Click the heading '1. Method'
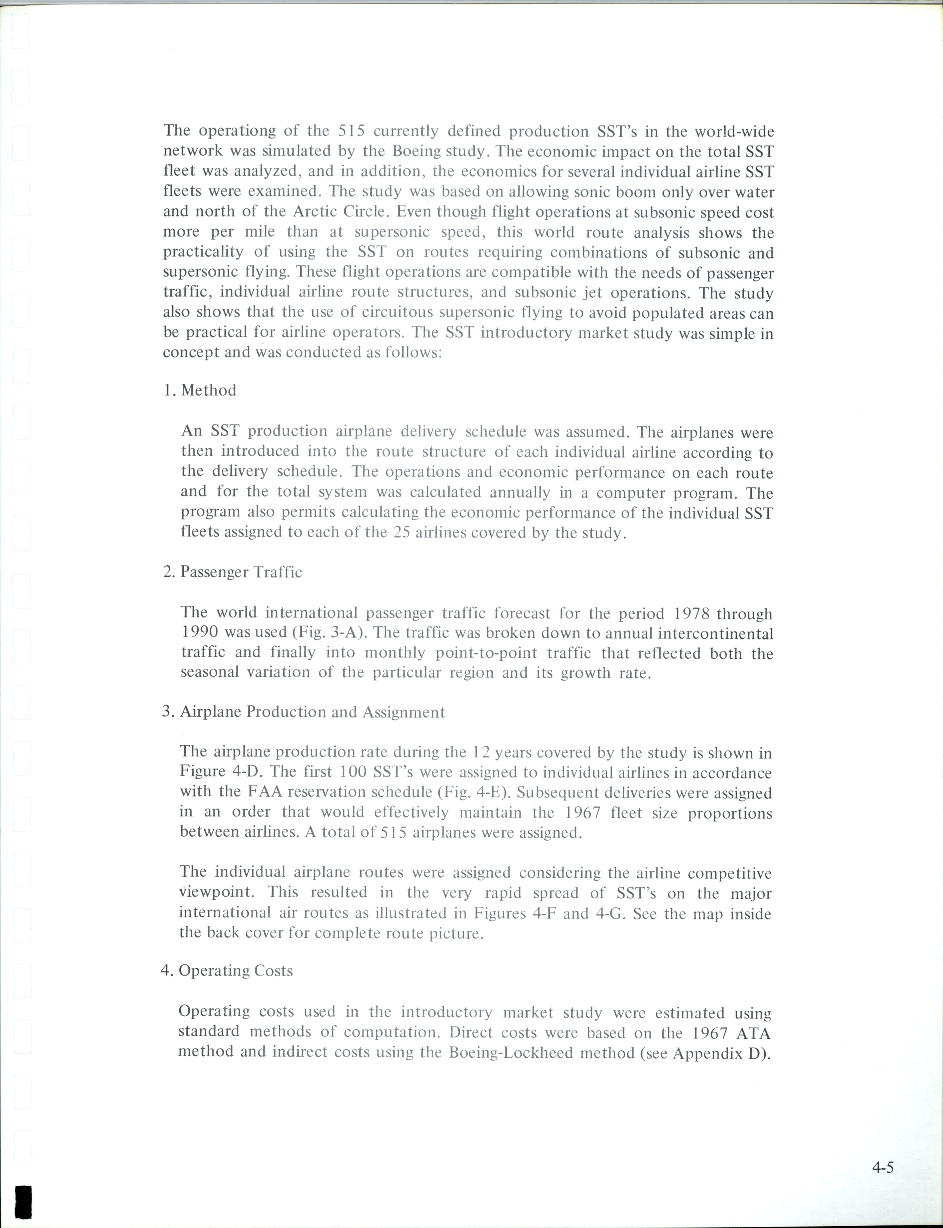click(x=200, y=390)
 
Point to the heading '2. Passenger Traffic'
click(x=233, y=572)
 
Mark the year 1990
click(x=200, y=633)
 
